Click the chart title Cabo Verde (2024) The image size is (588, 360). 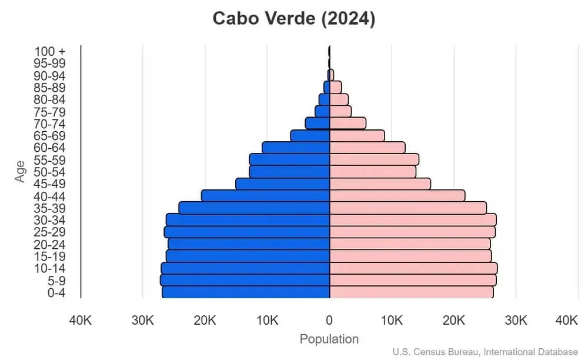tap(293, 19)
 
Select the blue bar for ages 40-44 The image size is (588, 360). tap(265, 196)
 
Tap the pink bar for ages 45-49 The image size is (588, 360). tap(380, 184)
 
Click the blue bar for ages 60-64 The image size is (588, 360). tap(296, 148)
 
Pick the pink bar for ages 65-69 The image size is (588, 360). tap(357, 136)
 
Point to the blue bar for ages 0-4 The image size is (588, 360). tap(246, 292)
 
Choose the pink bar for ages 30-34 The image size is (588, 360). tap(413, 220)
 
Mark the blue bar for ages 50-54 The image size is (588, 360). tap(289, 172)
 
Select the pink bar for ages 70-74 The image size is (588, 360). tap(348, 124)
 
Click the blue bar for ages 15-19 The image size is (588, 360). tap(248, 256)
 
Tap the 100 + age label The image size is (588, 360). tap(50, 51)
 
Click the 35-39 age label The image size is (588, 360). tap(50, 208)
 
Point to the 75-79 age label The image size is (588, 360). tap(50, 112)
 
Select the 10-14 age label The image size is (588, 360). tap(50, 268)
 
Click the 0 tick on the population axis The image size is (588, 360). tap(329, 321)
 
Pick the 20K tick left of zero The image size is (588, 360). tap(205, 321)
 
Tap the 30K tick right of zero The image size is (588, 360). tap(516, 321)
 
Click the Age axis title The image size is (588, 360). tap(21, 171)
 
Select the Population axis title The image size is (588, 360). tap(329, 339)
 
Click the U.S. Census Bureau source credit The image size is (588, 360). tap(485, 352)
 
